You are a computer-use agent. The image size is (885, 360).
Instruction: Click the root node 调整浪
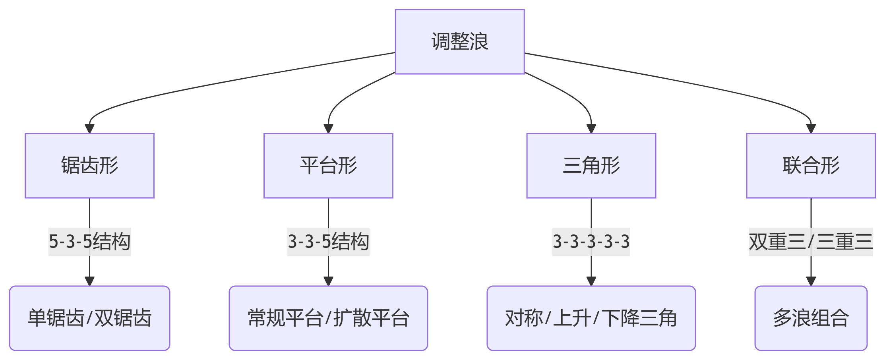(x=460, y=42)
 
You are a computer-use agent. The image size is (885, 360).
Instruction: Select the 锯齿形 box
(x=89, y=166)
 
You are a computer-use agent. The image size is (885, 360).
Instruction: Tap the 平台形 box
(x=328, y=166)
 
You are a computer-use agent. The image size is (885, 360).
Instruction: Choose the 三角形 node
(x=591, y=166)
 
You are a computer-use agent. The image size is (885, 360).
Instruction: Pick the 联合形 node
(x=811, y=166)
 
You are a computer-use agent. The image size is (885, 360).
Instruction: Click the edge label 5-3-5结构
(x=89, y=242)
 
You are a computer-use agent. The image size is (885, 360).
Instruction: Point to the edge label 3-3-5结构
(x=328, y=242)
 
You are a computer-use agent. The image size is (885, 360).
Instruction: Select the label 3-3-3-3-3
(x=591, y=242)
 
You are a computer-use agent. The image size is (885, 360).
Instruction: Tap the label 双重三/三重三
(x=811, y=242)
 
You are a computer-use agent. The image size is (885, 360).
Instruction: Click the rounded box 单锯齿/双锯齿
(x=89, y=318)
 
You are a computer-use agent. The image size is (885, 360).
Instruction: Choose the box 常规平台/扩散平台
(x=328, y=318)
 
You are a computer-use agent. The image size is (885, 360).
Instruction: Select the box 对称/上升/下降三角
(x=591, y=318)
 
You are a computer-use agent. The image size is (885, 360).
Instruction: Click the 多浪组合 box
(x=811, y=318)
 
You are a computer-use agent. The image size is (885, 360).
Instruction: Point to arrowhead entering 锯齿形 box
(x=89, y=129)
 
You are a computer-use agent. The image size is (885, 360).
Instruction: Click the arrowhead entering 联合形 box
(x=811, y=129)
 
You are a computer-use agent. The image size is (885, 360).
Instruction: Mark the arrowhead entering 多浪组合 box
(x=811, y=281)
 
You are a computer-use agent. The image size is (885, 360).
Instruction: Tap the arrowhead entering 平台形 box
(x=328, y=129)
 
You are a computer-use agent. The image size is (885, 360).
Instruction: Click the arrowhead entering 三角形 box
(x=591, y=129)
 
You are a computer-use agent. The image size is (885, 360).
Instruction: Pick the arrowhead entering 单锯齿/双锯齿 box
(x=89, y=281)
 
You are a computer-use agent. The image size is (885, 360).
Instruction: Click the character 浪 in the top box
(x=479, y=42)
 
